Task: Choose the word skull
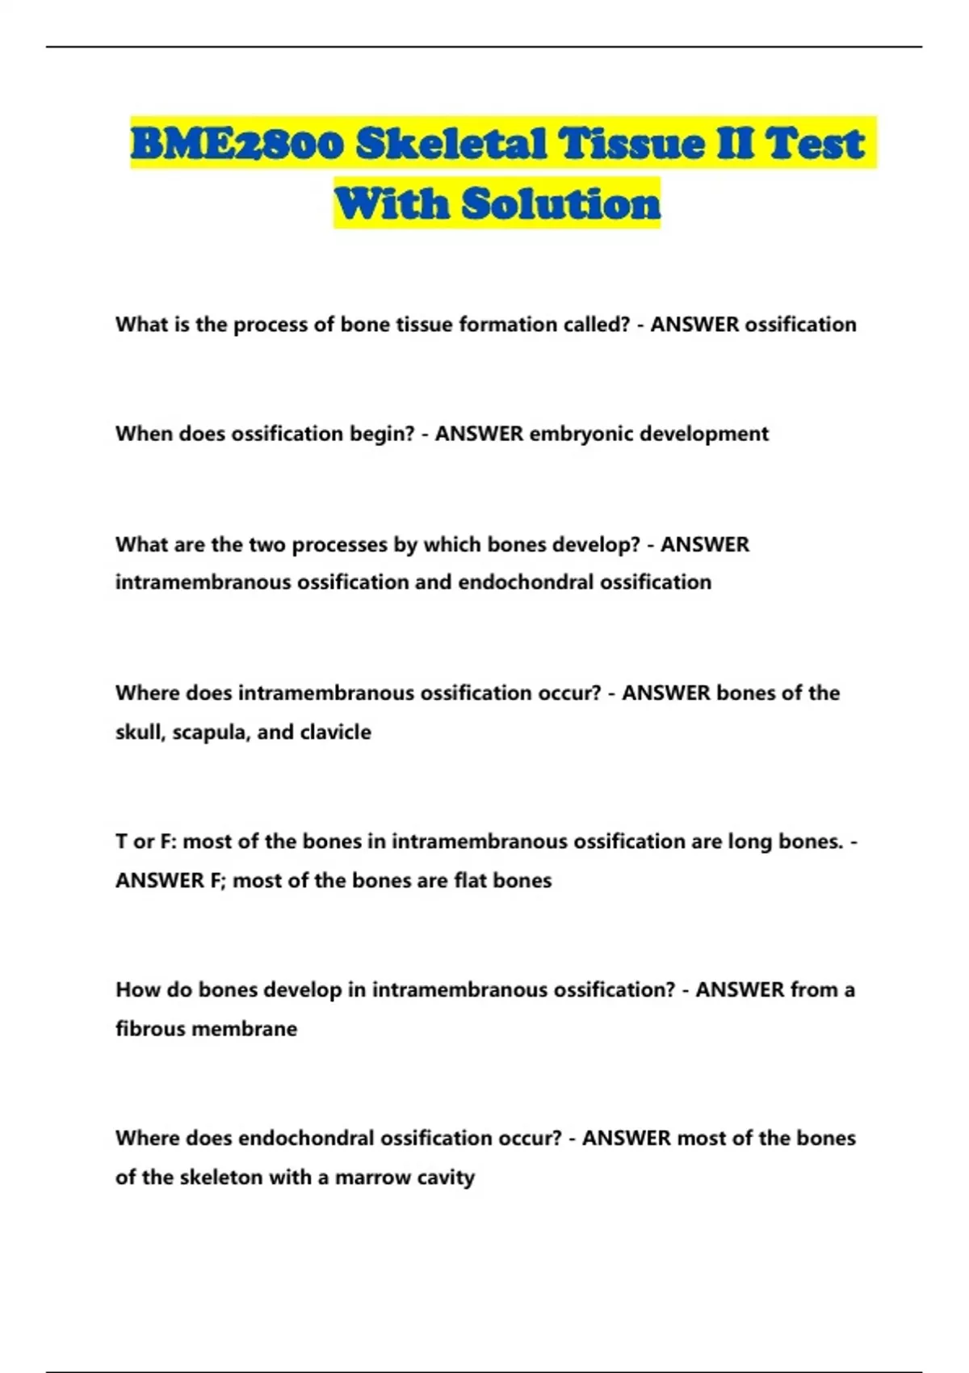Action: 140,733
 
